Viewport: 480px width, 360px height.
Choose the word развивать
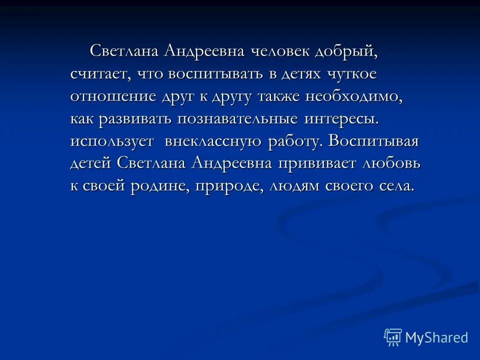pos(136,119)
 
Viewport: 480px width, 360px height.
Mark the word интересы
pos(341,119)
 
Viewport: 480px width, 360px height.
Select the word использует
pos(112,141)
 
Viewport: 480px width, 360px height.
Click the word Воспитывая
pos(373,141)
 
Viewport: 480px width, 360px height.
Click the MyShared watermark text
pos(436,338)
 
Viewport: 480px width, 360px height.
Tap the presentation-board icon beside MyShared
pos(393,337)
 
